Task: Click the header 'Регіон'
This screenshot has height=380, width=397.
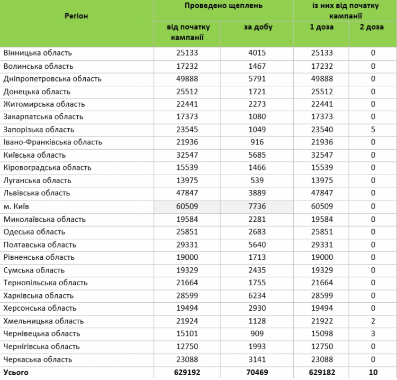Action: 76,16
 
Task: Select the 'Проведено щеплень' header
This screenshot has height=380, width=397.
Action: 223,5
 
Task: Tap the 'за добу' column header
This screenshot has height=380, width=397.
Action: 258,27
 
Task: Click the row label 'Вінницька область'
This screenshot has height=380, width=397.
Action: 38,53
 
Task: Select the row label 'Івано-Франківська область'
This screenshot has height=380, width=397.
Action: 53,142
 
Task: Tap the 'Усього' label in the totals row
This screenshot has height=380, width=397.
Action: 16,373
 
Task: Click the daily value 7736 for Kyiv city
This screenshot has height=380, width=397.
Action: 257,206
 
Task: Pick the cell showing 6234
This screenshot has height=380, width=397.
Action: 257,296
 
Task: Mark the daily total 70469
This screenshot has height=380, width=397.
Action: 257,373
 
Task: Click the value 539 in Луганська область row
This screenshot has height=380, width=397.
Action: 257,180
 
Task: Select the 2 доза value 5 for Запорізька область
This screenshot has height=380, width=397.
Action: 373,130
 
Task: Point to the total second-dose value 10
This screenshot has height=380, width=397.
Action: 373,373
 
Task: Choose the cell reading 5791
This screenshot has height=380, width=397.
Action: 257,79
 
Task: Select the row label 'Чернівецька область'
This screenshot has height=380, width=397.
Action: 42,334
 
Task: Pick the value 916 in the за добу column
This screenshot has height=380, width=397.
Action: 257,142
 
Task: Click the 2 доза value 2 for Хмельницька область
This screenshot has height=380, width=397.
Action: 373,321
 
